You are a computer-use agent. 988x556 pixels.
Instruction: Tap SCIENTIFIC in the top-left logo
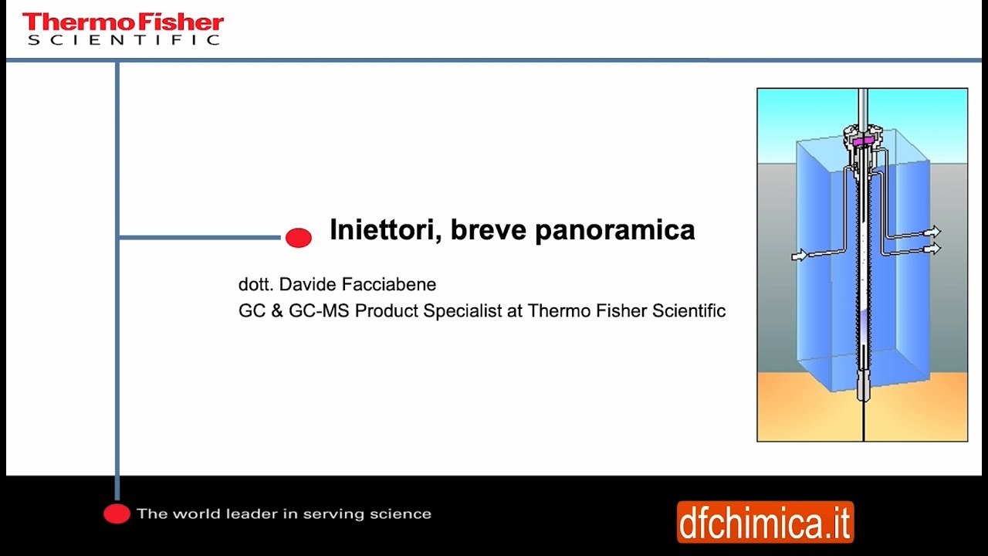click(x=123, y=39)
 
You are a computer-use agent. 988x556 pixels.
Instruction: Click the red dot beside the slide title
click(x=299, y=238)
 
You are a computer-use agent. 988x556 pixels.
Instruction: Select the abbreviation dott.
click(x=256, y=284)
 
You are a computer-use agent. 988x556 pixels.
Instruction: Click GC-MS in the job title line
click(x=319, y=310)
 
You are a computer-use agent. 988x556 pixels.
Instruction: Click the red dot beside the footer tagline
click(x=117, y=514)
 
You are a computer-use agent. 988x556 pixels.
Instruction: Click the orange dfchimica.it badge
click(x=765, y=523)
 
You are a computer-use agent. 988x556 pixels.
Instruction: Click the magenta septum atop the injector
click(x=862, y=141)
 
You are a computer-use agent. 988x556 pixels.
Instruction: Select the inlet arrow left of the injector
click(x=800, y=255)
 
